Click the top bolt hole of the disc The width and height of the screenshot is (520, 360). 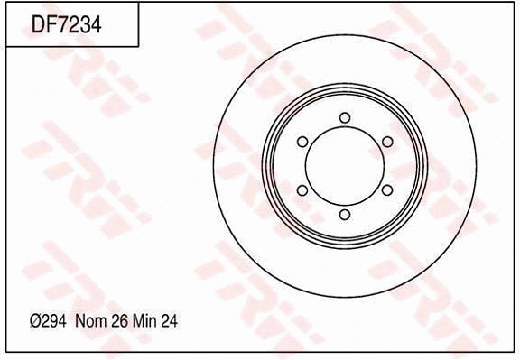point(344,117)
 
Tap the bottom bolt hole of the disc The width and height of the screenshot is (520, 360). point(344,214)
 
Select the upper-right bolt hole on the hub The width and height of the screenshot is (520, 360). point(386,142)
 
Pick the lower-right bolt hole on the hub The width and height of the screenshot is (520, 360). point(386,189)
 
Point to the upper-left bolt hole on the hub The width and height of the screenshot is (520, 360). point(302,142)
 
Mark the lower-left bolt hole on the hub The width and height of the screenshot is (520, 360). point(302,189)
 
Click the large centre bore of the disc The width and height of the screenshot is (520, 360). point(344,166)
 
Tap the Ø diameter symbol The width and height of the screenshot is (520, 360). point(36,320)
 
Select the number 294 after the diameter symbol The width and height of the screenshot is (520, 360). point(56,320)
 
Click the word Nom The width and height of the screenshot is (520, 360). point(90,320)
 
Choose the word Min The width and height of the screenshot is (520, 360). point(144,320)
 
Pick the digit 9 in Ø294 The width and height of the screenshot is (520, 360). point(56,320)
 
